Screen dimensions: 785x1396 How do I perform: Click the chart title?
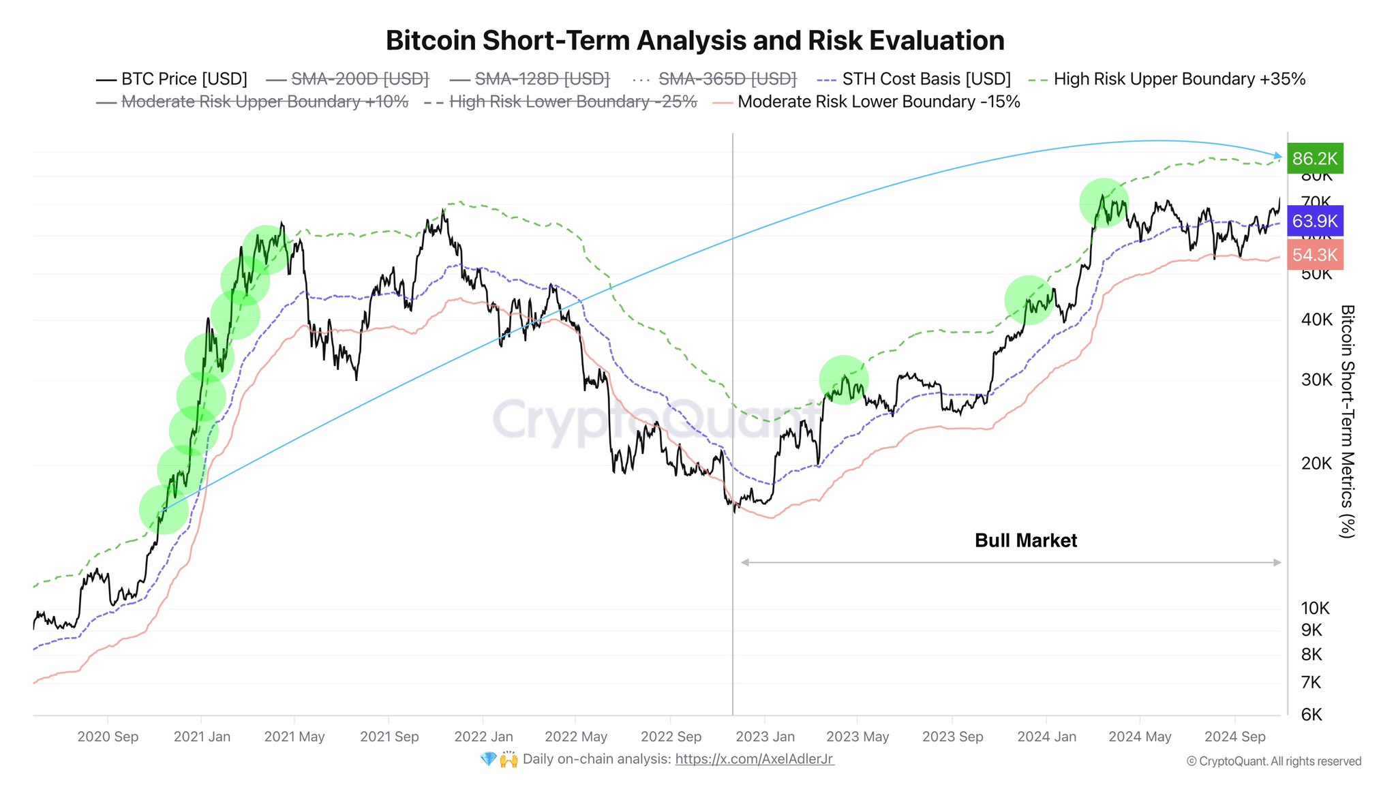(x=695, y=41)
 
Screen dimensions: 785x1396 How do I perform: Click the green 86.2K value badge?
(x=1315, y=159)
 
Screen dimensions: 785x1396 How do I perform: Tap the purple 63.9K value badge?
(x=1315, y=221)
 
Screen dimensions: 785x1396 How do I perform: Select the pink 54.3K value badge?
(x=1315, y=255)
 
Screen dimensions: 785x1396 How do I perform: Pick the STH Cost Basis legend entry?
(x=926, y=79)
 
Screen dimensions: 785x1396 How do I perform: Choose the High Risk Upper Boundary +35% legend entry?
(x=1179, y=79)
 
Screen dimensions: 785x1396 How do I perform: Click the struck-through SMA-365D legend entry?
(x=727, y=79)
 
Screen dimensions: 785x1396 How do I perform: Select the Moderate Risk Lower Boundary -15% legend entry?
(x=878, y=102)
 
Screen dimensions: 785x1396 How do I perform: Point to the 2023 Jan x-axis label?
(x=765, y=737)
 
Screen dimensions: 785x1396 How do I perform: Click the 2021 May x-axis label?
(x=294, y=737)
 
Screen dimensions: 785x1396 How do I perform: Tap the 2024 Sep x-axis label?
(x=1234, y=737)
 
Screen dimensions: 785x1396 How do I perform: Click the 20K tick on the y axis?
(x=1316, y=463)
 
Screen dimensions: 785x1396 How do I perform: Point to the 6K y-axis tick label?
(x=1311, y=715)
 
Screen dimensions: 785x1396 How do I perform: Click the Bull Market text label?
(x=1025, y=540)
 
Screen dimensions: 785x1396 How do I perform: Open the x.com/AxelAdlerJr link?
(x=754, y=759)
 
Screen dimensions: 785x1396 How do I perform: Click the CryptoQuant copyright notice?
(x=1273, y=761)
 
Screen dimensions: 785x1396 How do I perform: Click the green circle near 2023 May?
(x=844, y=380)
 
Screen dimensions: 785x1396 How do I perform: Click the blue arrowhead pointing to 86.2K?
(x=1277, y=156)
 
